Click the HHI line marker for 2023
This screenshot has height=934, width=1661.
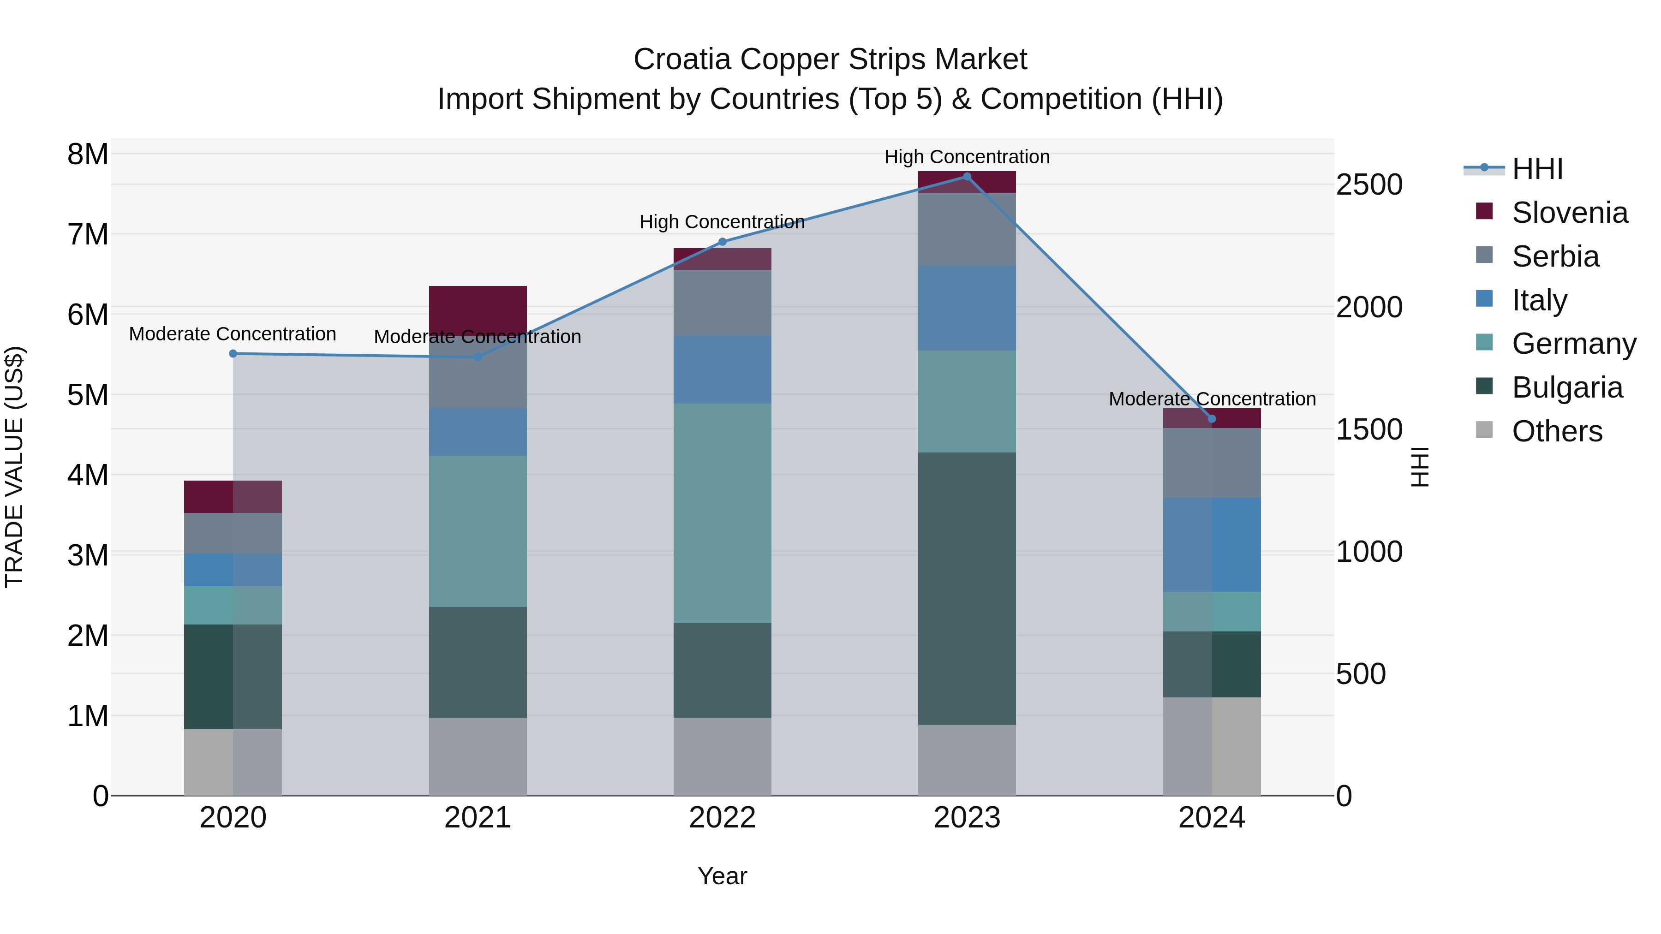coord(967,177)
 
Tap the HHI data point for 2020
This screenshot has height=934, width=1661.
coord(233,354)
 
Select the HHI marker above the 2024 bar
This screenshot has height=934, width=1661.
coord(1212,419)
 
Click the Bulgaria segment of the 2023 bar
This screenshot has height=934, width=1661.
coord(967,589)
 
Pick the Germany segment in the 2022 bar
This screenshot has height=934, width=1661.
coord(722,513)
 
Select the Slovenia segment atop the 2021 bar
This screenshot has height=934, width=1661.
coord(478,308)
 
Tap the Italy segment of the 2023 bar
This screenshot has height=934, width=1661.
coord(967,308)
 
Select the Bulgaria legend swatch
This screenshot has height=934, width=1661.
coord(1484,387)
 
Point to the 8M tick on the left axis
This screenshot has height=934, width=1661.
coord(88,154)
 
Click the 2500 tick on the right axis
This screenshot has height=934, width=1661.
coord(1368,185)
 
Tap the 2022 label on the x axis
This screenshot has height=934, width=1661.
coord(722,818)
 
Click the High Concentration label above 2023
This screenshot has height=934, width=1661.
coord(967,157)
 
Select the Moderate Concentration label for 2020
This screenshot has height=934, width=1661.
coord(233,334)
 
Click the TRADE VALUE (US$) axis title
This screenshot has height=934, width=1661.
coord(14,467)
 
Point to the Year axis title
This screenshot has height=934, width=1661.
coord(722,876)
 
